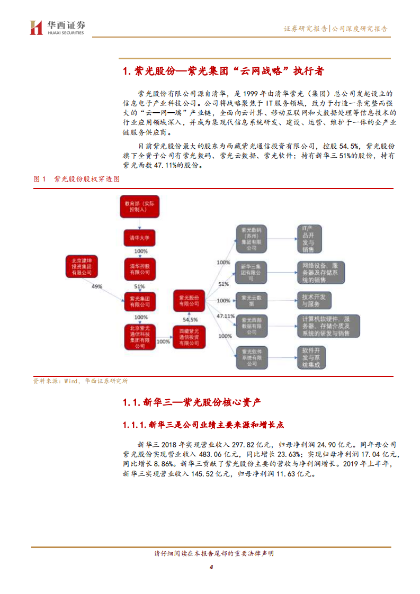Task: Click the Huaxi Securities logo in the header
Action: coord(58,27)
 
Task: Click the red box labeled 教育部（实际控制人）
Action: coord(139,206)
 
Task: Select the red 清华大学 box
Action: coord(140,238)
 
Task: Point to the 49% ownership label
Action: coord(97,286)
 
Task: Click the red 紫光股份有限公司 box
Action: coord(189,300)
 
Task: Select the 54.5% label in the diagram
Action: coord(190,319)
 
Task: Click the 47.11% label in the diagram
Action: coord(225,316)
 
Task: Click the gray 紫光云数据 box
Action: coord(251,300)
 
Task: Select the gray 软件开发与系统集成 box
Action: coord(315,358)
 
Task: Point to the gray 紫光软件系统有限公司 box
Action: coord(251,358)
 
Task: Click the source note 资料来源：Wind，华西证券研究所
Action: coord(80,381)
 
